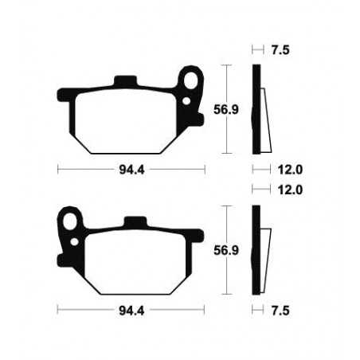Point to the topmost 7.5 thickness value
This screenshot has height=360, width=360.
point(279,49)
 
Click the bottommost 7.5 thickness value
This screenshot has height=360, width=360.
point(279,309)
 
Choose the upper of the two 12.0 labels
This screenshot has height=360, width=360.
point(282,170)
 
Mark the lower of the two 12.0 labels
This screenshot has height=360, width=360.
point(282,190)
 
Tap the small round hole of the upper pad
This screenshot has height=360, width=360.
point(188,101)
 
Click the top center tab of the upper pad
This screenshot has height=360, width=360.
point(123,81)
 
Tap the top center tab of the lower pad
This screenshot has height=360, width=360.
point(135,221)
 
